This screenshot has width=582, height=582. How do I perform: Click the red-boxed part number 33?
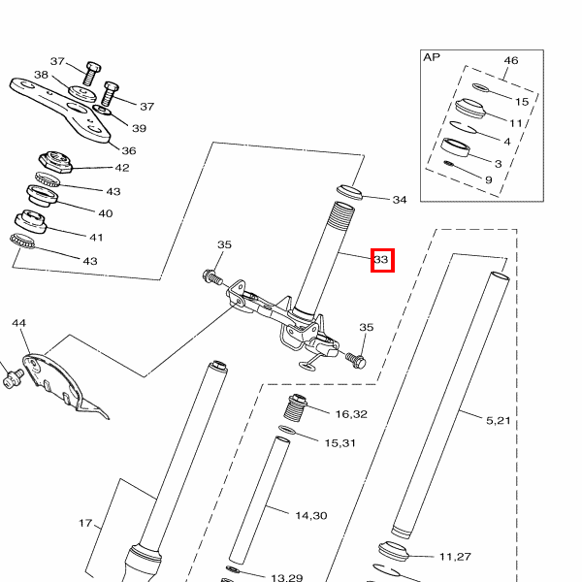coord(381,260)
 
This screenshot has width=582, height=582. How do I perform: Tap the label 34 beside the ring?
coord(400,200)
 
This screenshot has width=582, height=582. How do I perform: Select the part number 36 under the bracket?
coord(129,150)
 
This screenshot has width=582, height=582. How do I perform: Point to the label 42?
coord(122,168)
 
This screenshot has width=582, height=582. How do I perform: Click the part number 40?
coord(106,213)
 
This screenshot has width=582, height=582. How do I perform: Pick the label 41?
coord(96,237)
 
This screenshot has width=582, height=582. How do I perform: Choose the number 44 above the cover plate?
coord(18,323)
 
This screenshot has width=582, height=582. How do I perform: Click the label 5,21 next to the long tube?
coord(498,420)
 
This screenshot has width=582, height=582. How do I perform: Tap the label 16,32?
coord(351,414)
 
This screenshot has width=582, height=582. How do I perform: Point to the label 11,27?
coord(455,557)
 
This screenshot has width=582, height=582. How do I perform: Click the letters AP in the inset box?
coord(432,57)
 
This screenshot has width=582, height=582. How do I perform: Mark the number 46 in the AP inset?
coord(511,61)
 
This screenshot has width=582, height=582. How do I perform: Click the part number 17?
coord(86,524)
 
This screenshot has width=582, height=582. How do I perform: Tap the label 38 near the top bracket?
coord(42,75)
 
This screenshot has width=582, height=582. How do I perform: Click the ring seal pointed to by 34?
coord(350,189)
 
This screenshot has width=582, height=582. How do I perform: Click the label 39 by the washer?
coord(139,128)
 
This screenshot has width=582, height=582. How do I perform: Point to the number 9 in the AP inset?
coord(488,179)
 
